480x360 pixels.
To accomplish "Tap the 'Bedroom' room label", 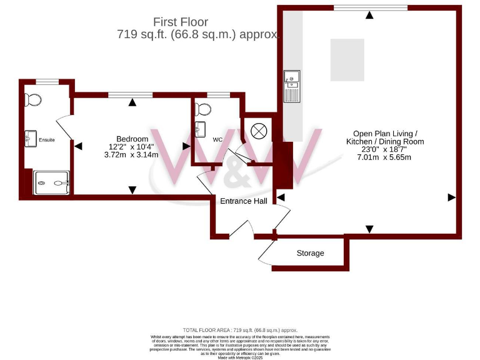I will pyautogui.click(x=132, y=139).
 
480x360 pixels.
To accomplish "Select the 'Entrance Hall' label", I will pyautogui.click(x=243, y=201).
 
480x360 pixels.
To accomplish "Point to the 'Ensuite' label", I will pyautogui.click(x=47, y=140).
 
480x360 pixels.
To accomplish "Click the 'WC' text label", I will pyautogui.click(x=217, y=139).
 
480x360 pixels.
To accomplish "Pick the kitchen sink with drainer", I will pyautogui.click(x=292, y=86).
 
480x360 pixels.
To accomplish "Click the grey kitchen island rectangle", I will pyautogui.click(x=347, y=59).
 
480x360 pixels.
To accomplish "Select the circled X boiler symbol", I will pyautogui.click(x=258, y=131).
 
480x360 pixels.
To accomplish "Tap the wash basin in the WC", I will pyautogui.click(x=200, y=130).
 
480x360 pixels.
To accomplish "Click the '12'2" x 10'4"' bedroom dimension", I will pyautogui.click(x=132, y=147).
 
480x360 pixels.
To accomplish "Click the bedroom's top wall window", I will pyautogui.click(x=126, y=95).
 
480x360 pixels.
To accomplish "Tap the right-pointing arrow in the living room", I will pyautogui.click(x=451, y=197).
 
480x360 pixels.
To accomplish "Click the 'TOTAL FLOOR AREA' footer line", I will pyautogui.click(x=240, y=329).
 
